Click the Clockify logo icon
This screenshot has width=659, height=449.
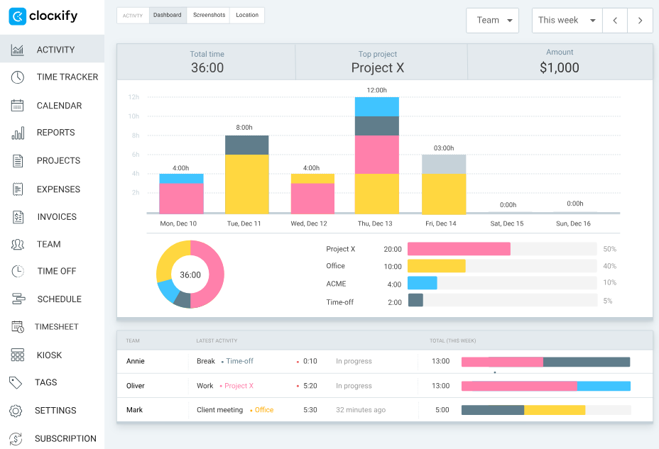(x=18, y=16)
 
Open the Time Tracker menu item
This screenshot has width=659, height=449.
(x=67, y=77)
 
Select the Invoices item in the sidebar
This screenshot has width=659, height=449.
(x=56, y=216)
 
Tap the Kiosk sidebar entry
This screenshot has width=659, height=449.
(x=49, y=355)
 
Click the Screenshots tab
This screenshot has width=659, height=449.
(x=209, y=15)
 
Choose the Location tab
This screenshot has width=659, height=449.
(x=247, y=15)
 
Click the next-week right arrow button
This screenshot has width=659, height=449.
(x=640, y=21)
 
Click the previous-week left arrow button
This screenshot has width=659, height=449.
(x=614, y=21)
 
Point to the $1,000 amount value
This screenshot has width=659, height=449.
(x=560, y=68)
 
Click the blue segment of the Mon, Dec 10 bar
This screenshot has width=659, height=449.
(x=181, y=178)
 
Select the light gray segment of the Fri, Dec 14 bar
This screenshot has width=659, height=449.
(x=444, y=164)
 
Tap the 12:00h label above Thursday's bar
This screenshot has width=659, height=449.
(x=376, y=90)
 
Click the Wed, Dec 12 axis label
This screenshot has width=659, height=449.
(x=309, y=223)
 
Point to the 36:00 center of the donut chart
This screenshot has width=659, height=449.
(x=190, y=275)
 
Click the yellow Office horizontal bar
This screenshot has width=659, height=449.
(x=436, y=266)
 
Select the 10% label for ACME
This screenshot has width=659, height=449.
(x=609, y=282)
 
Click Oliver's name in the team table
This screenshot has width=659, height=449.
(x=136, y=386)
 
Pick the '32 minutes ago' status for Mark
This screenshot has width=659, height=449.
(x=360, y=410)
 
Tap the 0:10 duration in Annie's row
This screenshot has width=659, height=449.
(x=310, y=361)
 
